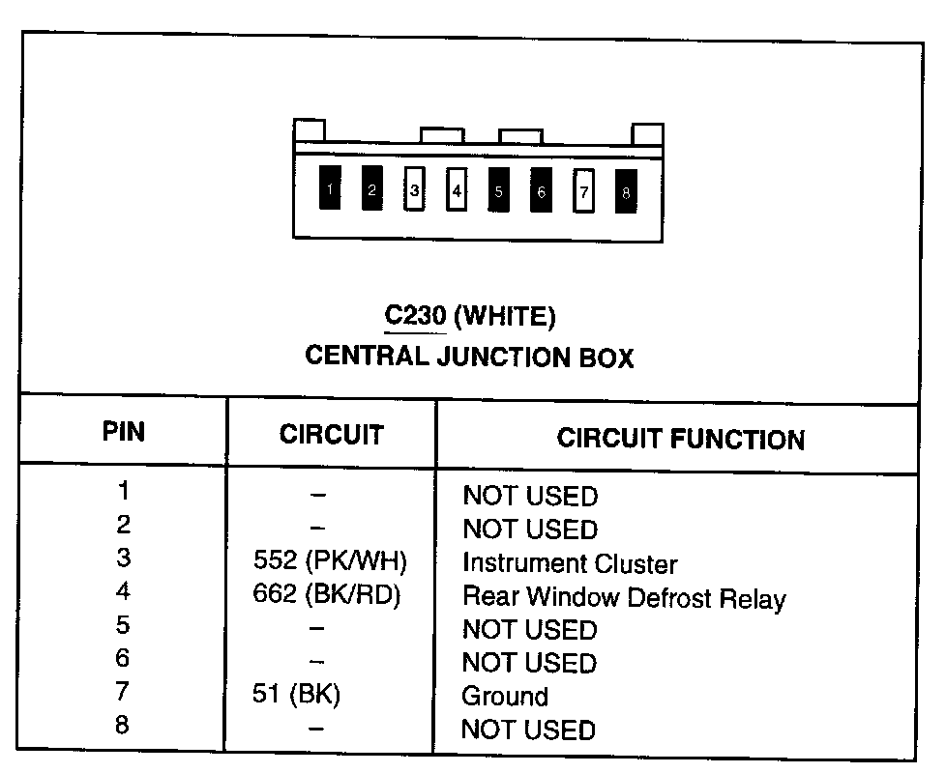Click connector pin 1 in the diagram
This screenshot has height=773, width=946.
331,189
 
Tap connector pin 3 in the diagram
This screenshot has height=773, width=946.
415,190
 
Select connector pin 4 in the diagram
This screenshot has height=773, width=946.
457,190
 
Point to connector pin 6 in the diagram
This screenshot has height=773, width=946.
541,190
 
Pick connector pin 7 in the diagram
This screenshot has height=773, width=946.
583,191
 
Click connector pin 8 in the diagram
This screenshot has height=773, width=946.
626,191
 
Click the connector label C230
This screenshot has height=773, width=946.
415,316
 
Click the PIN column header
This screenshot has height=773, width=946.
124,431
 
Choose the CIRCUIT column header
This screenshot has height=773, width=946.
331,435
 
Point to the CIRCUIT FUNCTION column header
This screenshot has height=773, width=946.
680,440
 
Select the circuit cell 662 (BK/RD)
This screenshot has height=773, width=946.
326,594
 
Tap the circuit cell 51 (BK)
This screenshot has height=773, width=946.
296,695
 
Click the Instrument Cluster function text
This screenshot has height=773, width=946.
569,563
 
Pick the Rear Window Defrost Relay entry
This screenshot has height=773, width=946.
624,597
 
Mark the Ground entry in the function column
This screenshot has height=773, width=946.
505,696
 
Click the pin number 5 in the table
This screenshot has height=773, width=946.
122,624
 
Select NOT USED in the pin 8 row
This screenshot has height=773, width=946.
528,730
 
